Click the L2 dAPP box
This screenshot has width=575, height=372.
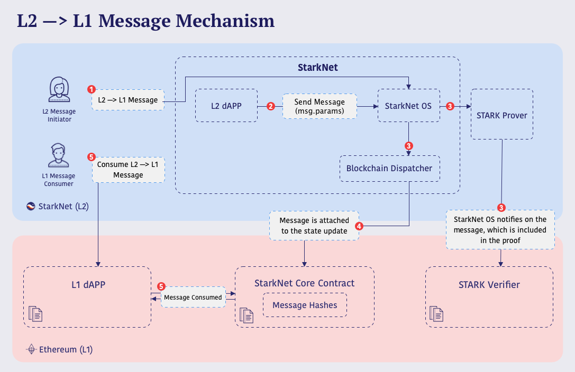[226, 106]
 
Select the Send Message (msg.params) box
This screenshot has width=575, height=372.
[319, 106]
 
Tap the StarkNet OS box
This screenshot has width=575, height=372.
[408, 106]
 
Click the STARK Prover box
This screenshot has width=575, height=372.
[501, 115]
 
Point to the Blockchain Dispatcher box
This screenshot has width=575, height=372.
[389, 169]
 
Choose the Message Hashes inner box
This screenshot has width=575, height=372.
[305, 305]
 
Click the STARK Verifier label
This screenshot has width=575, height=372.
[489, 285]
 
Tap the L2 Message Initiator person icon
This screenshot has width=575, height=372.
[59, 90]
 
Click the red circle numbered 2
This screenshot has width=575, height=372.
[271, 106]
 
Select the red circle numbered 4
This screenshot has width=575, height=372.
[359, 226]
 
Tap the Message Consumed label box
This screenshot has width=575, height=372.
[193, 297]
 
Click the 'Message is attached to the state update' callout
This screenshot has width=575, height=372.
[314, 226]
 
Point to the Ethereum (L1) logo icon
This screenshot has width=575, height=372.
[32, 349]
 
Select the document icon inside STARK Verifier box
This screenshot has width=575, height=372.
[436, 314]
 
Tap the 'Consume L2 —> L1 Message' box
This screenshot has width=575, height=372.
[128, 170]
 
